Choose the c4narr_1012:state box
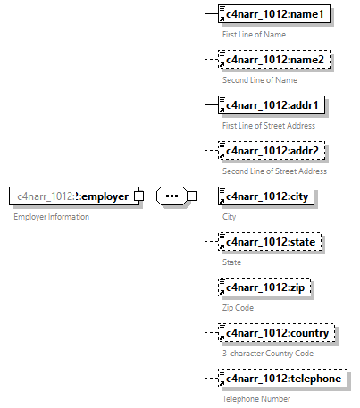[272, 242]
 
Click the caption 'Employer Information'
[51, 218]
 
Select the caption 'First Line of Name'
[255, 34]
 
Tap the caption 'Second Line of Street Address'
[274, 171]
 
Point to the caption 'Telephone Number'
[256, 398]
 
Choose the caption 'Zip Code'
[239, 307]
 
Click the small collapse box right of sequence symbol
[192, 196]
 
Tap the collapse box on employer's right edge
[138, 196]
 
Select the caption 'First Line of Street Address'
[269, 125]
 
